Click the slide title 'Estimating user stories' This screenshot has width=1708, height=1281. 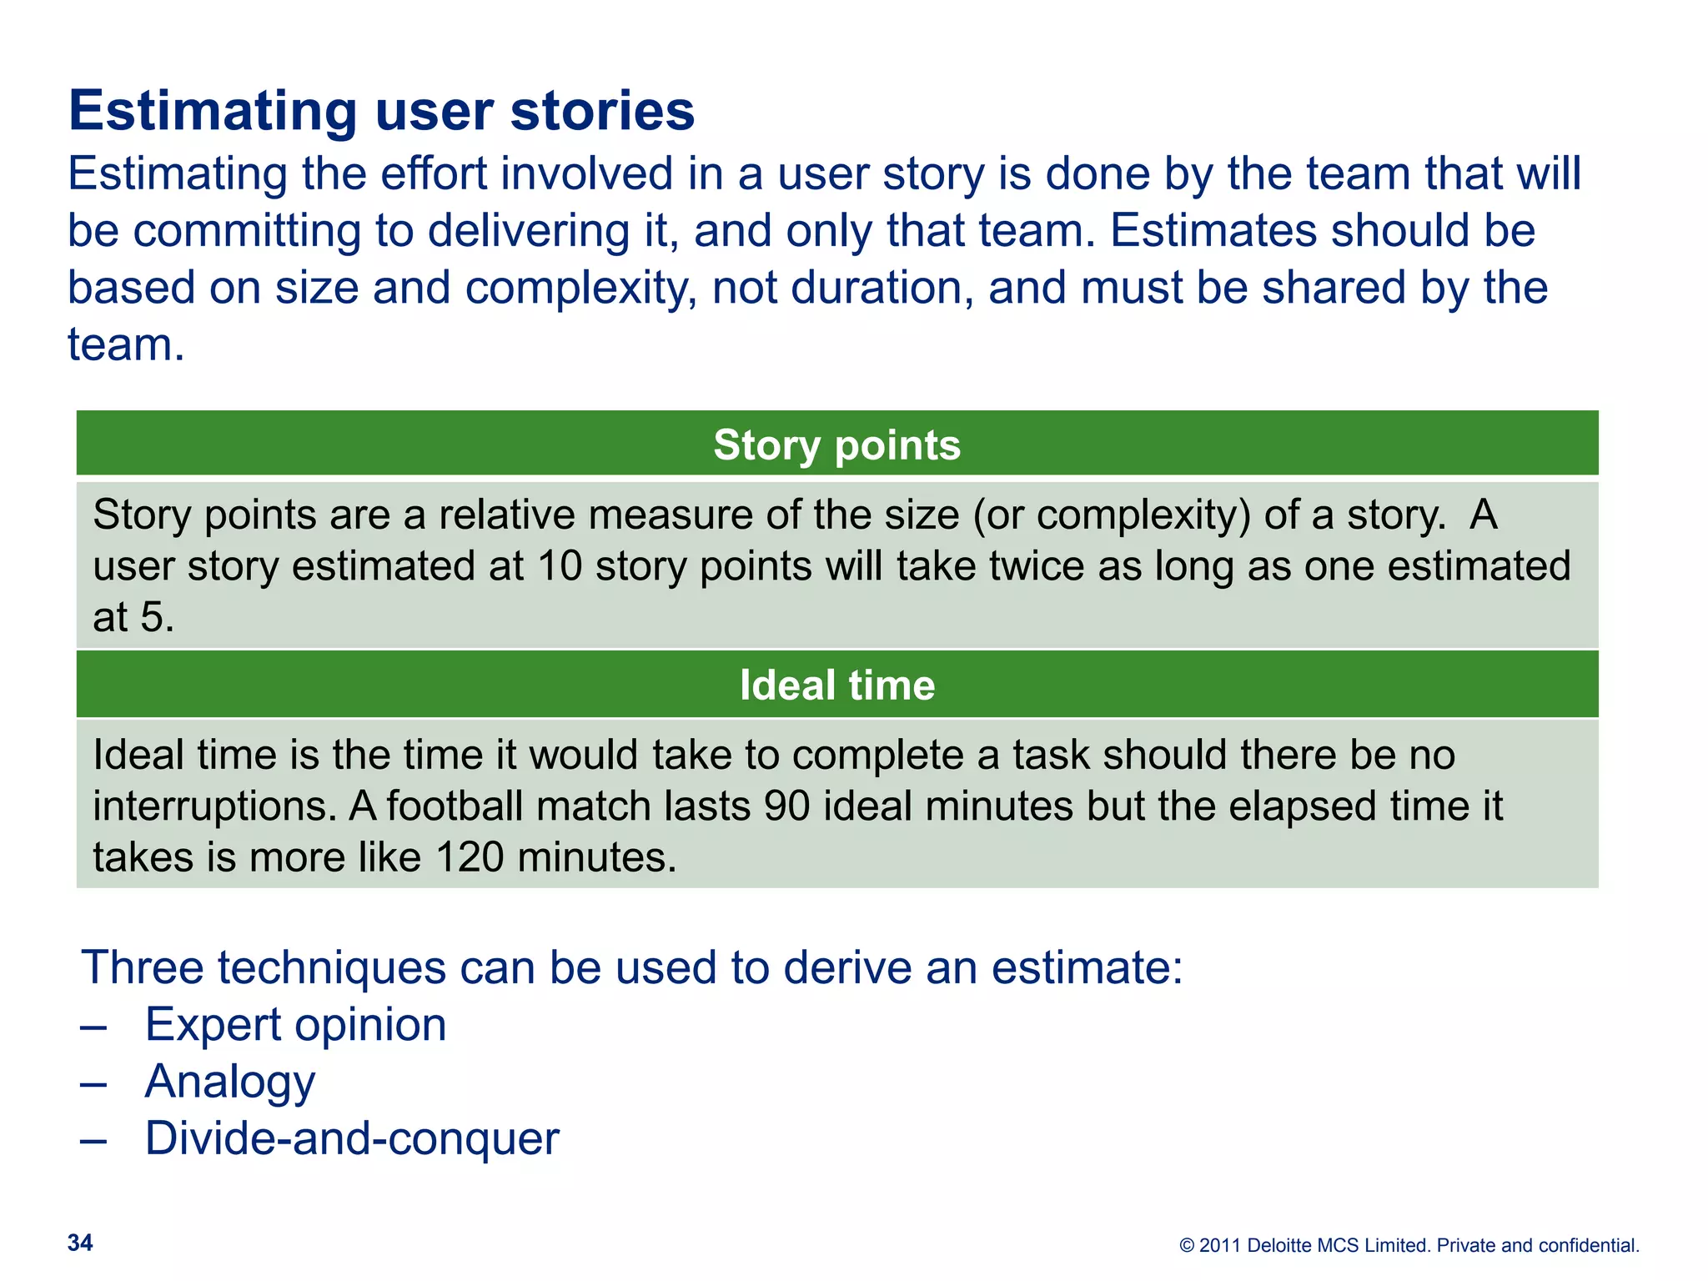381,111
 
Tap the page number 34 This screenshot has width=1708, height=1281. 80,1243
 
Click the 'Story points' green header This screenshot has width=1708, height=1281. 836,445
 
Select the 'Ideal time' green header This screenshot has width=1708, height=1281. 836,685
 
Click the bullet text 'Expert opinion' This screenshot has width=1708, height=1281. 295,1024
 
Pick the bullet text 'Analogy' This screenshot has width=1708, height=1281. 229,1082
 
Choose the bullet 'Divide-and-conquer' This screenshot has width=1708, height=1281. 351,1138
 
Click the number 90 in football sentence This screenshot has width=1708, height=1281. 786,806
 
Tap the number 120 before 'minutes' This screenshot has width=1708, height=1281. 470,857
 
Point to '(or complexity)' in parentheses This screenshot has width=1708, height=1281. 1112,515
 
